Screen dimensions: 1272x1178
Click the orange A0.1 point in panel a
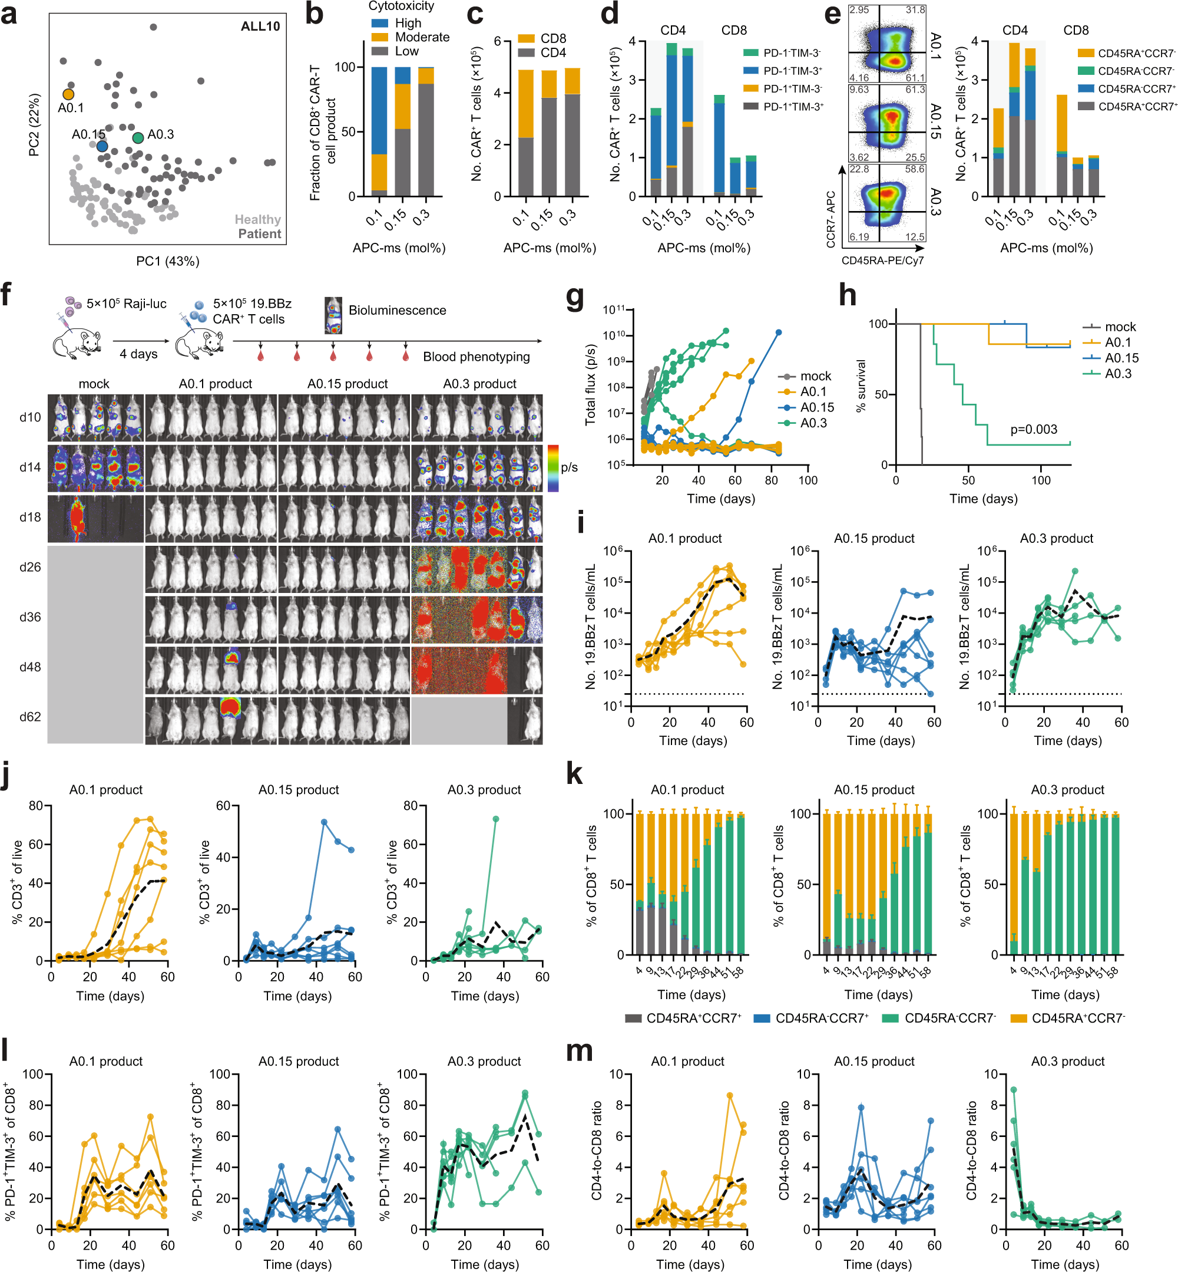pyautogui.click(x=68, y=94)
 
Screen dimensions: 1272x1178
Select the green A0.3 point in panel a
pyautogui.click(x=138, y=137)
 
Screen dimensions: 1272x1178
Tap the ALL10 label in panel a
pyautogui.click(x=260, y=26)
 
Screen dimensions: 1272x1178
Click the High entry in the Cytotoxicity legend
pyautogui.click(x=408, y=23)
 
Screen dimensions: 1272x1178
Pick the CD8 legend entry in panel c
pyautogui.click(x=552, y=38)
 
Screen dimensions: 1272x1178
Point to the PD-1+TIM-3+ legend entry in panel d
pyautogui.click(x=793, y=107)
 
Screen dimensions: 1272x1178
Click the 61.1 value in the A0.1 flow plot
pyautogui.click(x=915, y=77)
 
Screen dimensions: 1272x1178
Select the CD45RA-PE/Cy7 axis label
pyautogui.click(x=882, y=261)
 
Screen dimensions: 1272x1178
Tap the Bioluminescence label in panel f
pyautogui.click(x=397, y=310)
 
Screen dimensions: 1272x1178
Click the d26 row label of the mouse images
pyautogui.click(x=30, y=567)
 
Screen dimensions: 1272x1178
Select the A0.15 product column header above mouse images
pyautogui.click(x=348, y=383)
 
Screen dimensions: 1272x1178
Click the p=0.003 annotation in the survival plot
pyautogui.click(x=1033, y=429)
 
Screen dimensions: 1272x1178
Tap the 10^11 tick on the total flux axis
pyautogui.click(x=614, y=310)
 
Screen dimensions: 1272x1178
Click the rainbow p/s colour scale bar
pyautogui.click(x=552, y=468)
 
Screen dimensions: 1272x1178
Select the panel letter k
pyautogui.click(x=574, y=774)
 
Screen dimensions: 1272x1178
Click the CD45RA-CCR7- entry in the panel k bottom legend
pyautogui.click(x=950, y=1018)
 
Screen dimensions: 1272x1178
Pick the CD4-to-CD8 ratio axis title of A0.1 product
pyautogui.click(x=597, y=1150)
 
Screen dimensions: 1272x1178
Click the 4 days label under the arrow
pyautogui.click(x=138, y=354)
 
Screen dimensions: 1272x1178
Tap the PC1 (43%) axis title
pyautogui.click(x=168, y=261)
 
